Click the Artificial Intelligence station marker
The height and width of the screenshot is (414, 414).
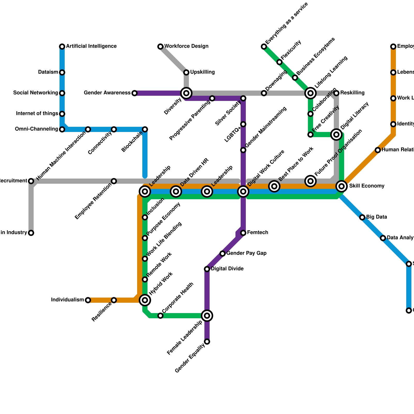click(62, 47)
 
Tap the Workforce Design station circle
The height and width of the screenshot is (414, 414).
click(160, 47)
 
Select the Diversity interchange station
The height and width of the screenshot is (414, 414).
click(186, 93)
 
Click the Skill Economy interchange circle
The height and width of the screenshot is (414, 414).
click(342, 186)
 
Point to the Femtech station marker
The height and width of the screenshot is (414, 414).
click(243, 233)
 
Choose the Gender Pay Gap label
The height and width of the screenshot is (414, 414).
click(246, 253)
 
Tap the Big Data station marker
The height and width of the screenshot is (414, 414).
click(362, 217)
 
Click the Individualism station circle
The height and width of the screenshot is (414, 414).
click(88, 300)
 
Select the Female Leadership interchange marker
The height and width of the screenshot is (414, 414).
click(207, 316)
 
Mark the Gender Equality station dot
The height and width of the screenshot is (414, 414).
click(207, 342)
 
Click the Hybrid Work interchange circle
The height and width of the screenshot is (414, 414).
click(145, 300)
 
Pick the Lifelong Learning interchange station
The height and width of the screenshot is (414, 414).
click(310, 93)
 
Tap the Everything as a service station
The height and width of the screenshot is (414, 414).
click(264, 47)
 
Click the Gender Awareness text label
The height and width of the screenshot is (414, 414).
click(107, 93)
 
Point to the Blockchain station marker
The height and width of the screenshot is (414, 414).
click(145, 129)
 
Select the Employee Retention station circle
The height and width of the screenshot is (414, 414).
click(114, 181)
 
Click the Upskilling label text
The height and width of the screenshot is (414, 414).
click(202, 72)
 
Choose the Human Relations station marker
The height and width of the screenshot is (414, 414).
click(378, 150)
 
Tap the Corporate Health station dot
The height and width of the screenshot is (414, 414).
click(160, 316)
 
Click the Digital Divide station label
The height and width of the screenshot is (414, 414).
click(227, 269)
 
